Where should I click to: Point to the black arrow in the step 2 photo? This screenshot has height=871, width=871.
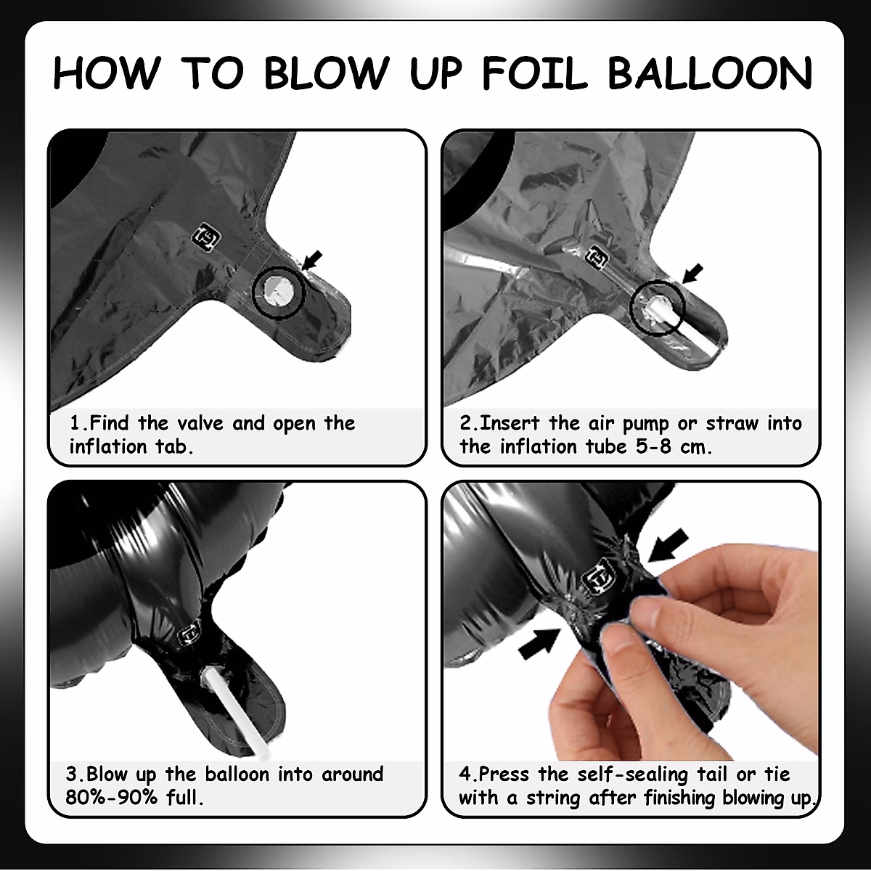(692, 274)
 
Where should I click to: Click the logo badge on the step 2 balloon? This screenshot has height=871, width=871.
(597, 257)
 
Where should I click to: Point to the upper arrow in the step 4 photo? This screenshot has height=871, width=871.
(668, 546)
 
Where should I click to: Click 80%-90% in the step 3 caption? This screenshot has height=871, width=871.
(111, 797)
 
